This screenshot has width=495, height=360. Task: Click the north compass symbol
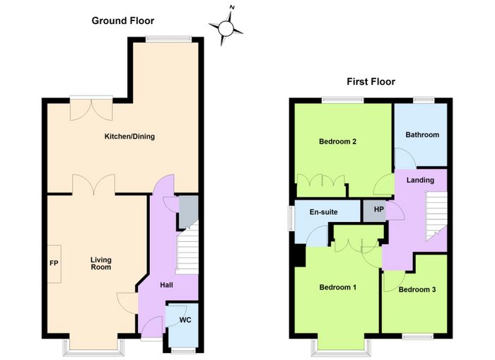226,28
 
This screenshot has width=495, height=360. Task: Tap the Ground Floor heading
123,21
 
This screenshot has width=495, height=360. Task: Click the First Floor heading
371,82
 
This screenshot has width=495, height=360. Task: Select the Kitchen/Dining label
129,137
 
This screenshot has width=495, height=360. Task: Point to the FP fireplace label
54,262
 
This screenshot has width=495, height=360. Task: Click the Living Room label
101,263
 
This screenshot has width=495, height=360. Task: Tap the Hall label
166,285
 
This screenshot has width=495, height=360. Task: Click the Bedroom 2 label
337,141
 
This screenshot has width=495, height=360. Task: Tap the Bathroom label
422,135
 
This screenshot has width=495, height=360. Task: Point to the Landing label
420,180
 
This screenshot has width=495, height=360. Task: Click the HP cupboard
374,211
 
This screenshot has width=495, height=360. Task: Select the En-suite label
324,212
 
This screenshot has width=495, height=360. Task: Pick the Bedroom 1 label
338,287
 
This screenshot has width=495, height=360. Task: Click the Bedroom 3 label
417,289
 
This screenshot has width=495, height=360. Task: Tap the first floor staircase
436,216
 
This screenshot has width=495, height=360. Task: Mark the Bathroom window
424,100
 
